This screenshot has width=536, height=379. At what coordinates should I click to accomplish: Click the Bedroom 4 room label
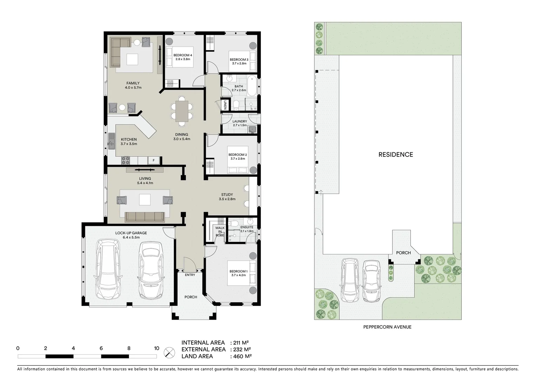(183, 55)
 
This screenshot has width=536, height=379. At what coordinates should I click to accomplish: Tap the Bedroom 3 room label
(239, 60)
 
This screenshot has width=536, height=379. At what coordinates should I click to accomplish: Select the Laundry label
(240, 121)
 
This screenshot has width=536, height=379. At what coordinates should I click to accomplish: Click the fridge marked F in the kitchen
(154, 160)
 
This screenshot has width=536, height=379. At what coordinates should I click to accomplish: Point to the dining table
(182, 111)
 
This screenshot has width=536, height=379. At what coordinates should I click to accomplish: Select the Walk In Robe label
(220, 232)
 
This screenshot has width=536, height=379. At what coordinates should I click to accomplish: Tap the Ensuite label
(247, 227)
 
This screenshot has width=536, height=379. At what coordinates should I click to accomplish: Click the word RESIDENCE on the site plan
(395, 154)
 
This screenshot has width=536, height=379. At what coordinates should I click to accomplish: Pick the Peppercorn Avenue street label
(387, 327)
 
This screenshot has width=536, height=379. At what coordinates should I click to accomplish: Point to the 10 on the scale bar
(156, 348)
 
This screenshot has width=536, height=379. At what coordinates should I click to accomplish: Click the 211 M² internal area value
(241, 343)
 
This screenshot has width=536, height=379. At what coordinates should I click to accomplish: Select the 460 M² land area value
(242, 357)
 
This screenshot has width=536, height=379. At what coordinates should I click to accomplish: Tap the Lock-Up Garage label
(131, 233)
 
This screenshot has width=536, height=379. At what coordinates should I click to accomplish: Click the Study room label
(227, 195)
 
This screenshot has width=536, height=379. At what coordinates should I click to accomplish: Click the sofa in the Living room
(145, 217)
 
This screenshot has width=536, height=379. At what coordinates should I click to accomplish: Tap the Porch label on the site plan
(403, 253)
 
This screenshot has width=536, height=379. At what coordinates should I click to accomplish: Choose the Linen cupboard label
(225, 105)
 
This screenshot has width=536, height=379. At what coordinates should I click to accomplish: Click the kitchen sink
(111, 142)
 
